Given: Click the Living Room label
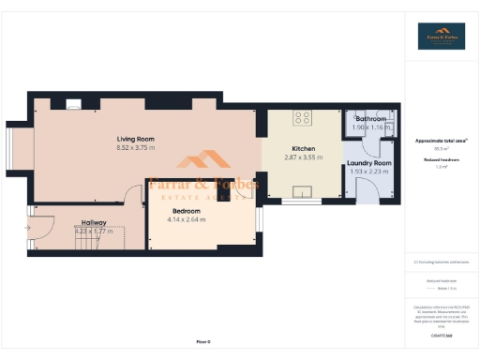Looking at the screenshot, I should [135, 139].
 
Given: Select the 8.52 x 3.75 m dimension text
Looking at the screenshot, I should [135, 147].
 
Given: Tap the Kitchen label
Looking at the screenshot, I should [303, 149].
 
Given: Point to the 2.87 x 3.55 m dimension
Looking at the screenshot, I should [303, 157].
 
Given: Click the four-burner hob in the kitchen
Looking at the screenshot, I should [303, 118].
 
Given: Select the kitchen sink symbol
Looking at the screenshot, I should [303, 193].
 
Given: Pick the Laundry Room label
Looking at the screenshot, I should [368, 163].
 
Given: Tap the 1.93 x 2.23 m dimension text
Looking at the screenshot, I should [368, 172].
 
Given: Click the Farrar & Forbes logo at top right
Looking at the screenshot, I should [441, 36].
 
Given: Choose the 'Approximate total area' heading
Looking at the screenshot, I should [441, 141].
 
